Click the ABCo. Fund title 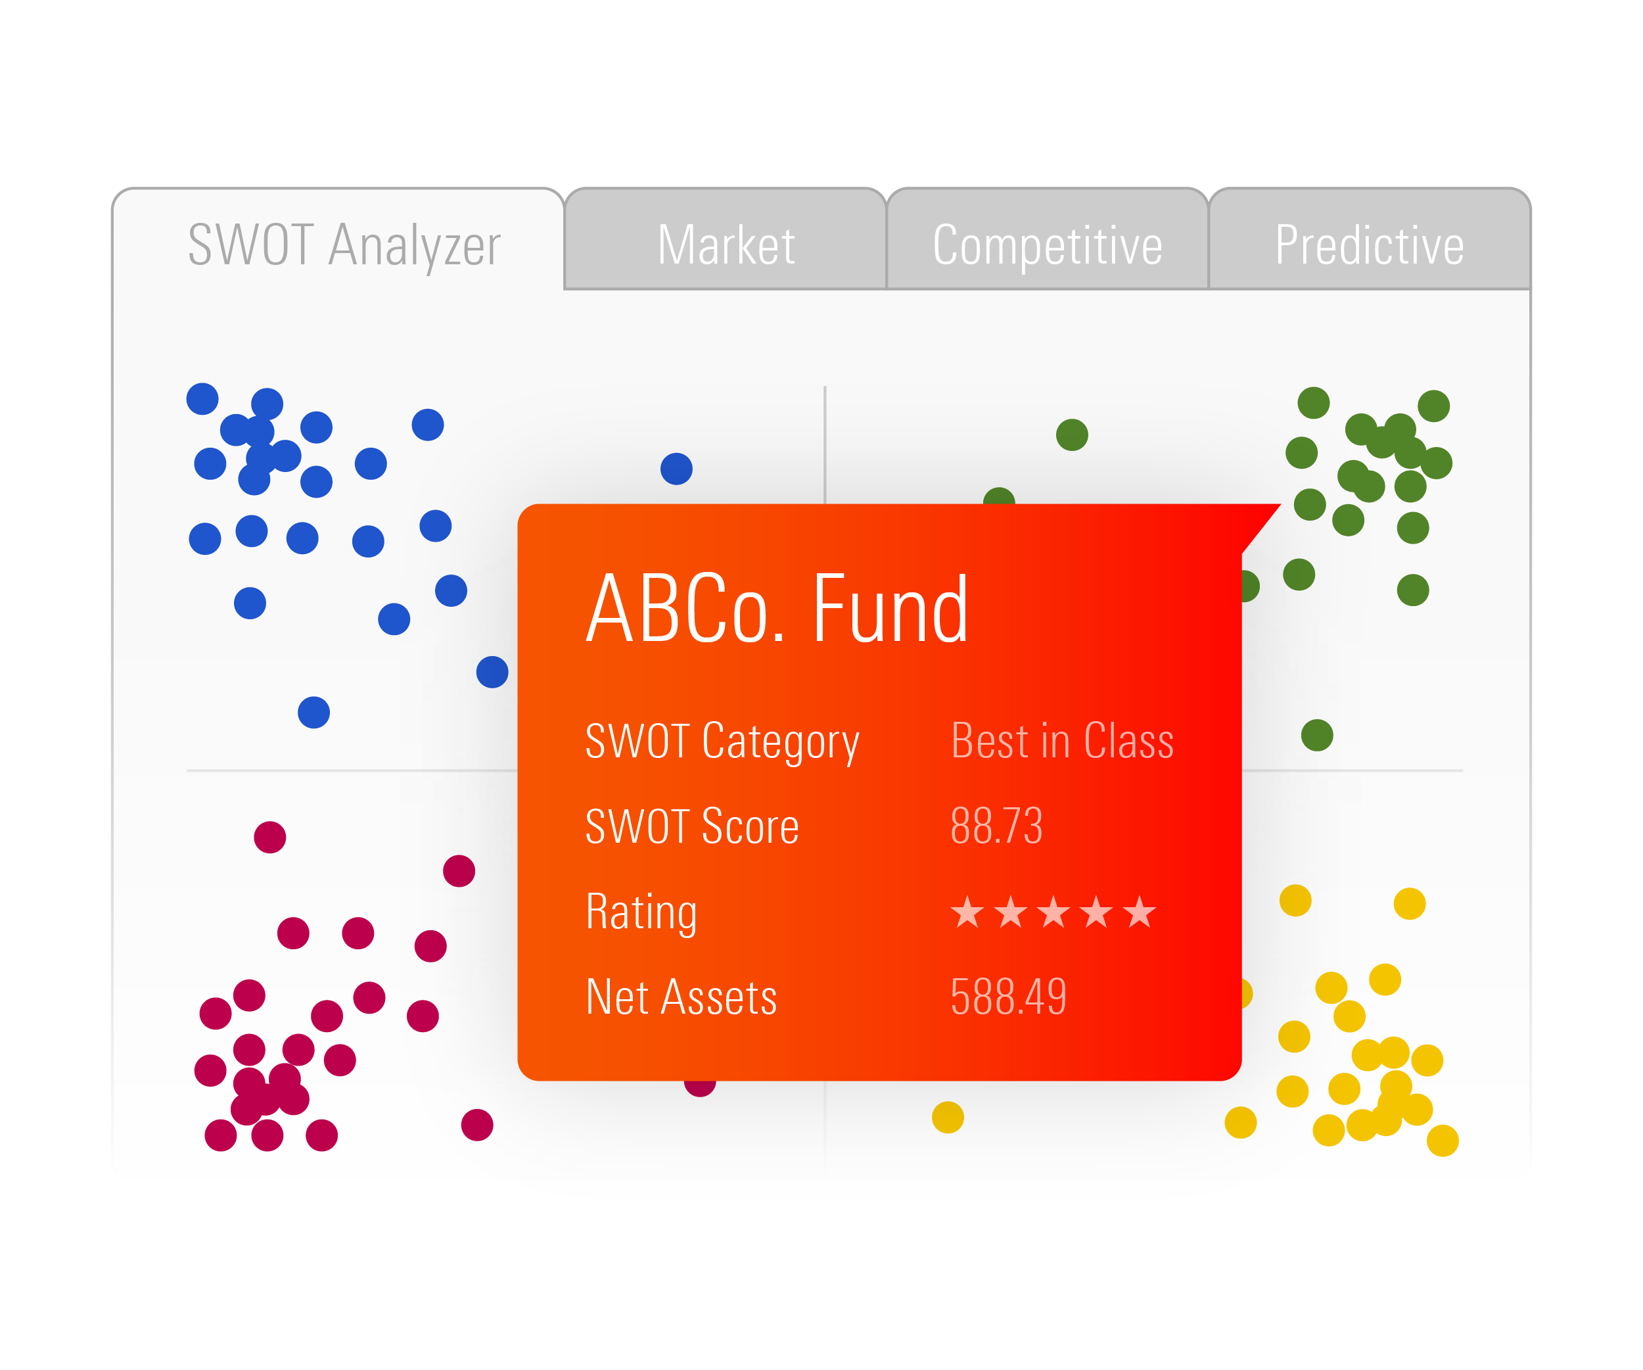pyautogui.click(x=777, y=608)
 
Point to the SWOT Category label pyautogui.click(x=722, y=741)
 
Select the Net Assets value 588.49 pyautogui.click(x=1009, y=996)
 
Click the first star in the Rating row pyautogui.click(x=968, y=912)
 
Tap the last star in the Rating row pyautogui.click(x=1139, y=912)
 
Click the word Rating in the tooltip pyautogui.click(x=641, y=912)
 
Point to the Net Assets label pyautogui.click(x=681, y=997)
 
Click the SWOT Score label pyautogui.click(x=691, y=826)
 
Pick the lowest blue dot pyautogui.click(x=313, y=712)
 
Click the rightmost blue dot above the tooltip pyautogui.click(x=677, y=469)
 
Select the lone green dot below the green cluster pyautogui.click(x=1318, y=735)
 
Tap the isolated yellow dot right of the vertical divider pyautogui.click(x=948, y=1118)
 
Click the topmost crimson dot pyautogui.click(x=270, y=837)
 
